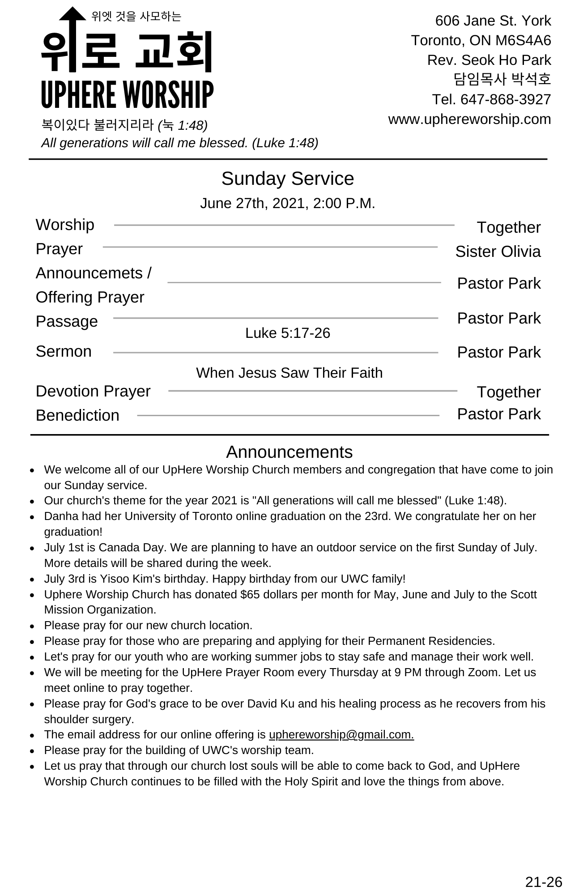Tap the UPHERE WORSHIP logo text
coord(127,95)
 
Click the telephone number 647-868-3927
coord(506,99)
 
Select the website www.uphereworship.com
coord(469,119)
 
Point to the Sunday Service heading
coord(288,179)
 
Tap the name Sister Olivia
coord(498,251)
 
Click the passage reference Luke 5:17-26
coord(288,333)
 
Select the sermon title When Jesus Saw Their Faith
coord(289,373)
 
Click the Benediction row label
coord(77,415)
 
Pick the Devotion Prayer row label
coord(93,391)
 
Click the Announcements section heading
coord(289,452)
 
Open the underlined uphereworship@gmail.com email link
coord(341,735)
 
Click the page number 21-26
coord(543,882)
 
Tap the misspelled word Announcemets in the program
coord(89,273)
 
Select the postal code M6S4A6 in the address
coord(523,40)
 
